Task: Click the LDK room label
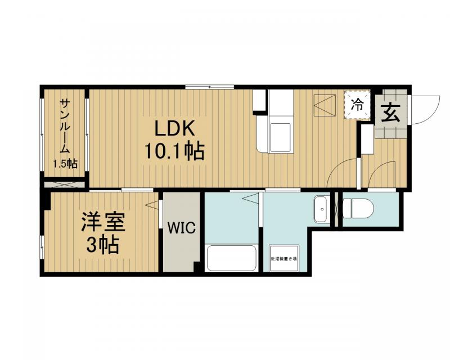pos(175,128)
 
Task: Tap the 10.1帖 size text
pos(175,151)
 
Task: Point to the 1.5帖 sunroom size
pos(65,164)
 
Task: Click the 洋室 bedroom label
pos(102,222)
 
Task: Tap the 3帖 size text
pos(102,245)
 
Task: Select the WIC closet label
pos(181,229)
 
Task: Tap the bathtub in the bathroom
pos(231,258)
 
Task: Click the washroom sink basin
pos(322,209)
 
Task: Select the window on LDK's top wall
pos(209,87)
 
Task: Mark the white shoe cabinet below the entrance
pos(367,139)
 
